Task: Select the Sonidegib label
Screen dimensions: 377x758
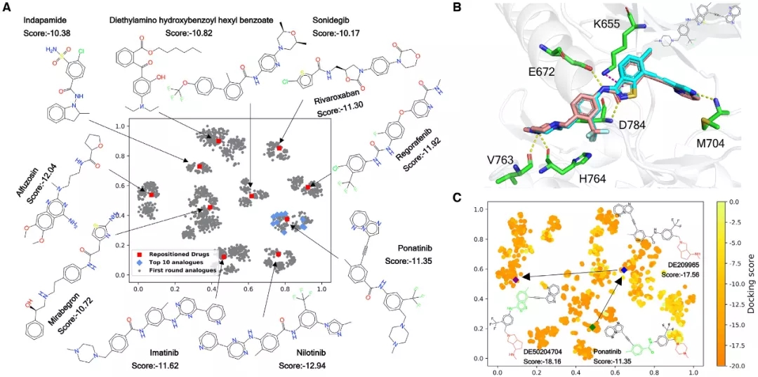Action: (x=332, y=18)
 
